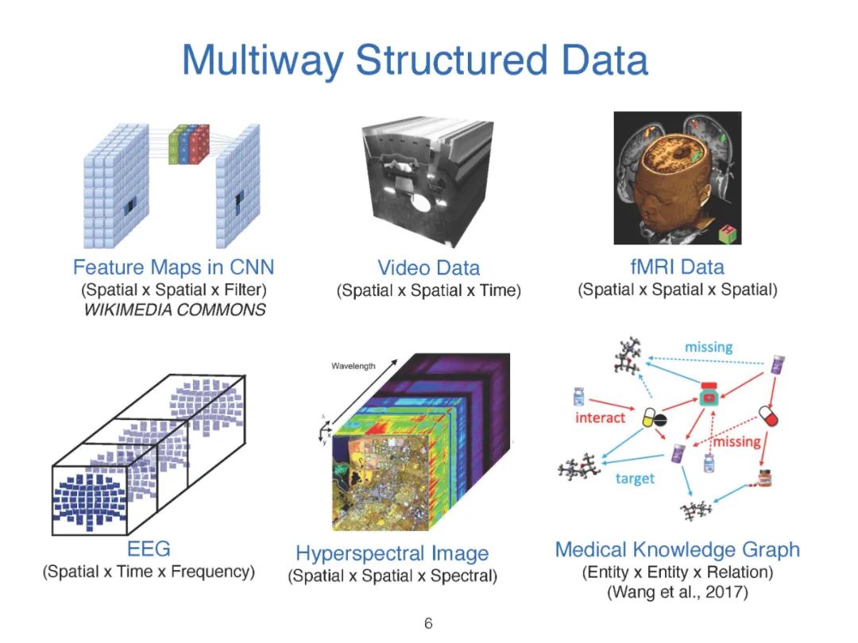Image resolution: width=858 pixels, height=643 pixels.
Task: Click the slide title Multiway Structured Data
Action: (415, 60)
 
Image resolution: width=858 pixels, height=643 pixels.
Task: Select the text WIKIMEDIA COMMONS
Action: (175, 310)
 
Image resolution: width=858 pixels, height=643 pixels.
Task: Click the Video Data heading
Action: (428, 268)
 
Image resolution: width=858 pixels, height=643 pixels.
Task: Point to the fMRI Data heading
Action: (677, 266)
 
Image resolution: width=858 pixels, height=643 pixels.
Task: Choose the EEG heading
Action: (149, 548)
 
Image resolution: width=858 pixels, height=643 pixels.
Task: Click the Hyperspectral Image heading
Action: (392, 553)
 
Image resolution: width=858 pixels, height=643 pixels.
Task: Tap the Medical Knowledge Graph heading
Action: (677, 549)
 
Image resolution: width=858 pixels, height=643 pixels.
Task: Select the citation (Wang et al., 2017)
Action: (677, 592)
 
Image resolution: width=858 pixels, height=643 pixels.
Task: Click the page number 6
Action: (428, 623)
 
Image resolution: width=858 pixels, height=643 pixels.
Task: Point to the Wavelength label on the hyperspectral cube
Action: (354, 366)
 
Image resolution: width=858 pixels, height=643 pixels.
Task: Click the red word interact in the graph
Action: (601, 418)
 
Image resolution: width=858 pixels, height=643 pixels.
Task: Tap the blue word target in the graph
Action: (635, 478)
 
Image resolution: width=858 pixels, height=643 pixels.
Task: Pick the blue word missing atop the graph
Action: (709, 347)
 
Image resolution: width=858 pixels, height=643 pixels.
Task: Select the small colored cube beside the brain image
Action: (727, 234)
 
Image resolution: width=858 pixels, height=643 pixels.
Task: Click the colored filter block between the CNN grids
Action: (189, 144)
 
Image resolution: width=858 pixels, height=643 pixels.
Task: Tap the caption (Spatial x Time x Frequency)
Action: (149, 571)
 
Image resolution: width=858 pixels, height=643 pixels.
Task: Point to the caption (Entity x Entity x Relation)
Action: (677, 572)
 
